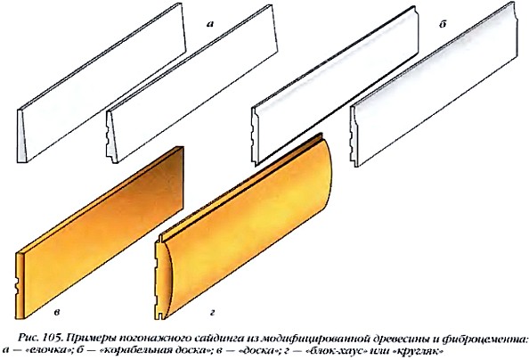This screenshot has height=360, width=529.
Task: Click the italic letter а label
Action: (x=210, y=24)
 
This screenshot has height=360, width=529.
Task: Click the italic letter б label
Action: (x=443, y=24)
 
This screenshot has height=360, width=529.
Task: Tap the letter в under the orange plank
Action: (x=57, y=313)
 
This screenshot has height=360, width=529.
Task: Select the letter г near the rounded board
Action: (x=212, y=313)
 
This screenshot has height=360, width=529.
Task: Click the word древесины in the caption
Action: (x=400, y=338)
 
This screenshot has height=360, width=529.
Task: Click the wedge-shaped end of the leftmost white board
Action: (x=21, y=136)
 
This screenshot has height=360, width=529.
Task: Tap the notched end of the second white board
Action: (x=110, y=138)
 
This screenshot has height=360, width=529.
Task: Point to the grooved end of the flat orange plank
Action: (x=20, y=285)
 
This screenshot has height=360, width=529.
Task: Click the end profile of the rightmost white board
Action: (x=354, y=136)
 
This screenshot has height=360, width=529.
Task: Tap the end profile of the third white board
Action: (x=256, y=136)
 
